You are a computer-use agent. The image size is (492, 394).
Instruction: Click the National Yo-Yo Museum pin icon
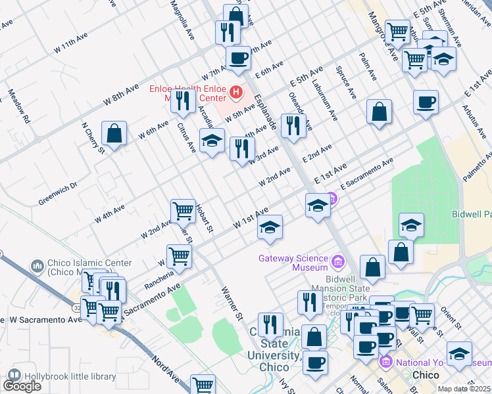[386, 362]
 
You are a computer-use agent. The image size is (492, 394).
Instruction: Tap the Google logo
[22, 386]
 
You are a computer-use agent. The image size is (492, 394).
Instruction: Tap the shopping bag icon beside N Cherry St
[114, 133]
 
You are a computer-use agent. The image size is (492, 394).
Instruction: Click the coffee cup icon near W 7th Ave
[238, 58]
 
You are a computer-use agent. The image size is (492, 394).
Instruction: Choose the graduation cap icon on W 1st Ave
[270, 227]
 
